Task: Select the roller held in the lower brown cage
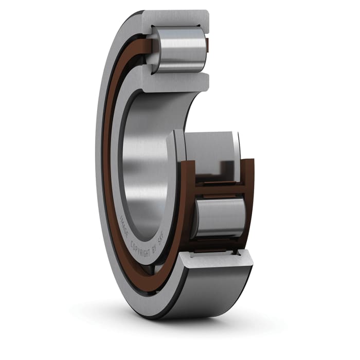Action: (x=219, y=218)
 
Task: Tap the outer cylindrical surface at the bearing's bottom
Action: (x=216, y=293)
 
